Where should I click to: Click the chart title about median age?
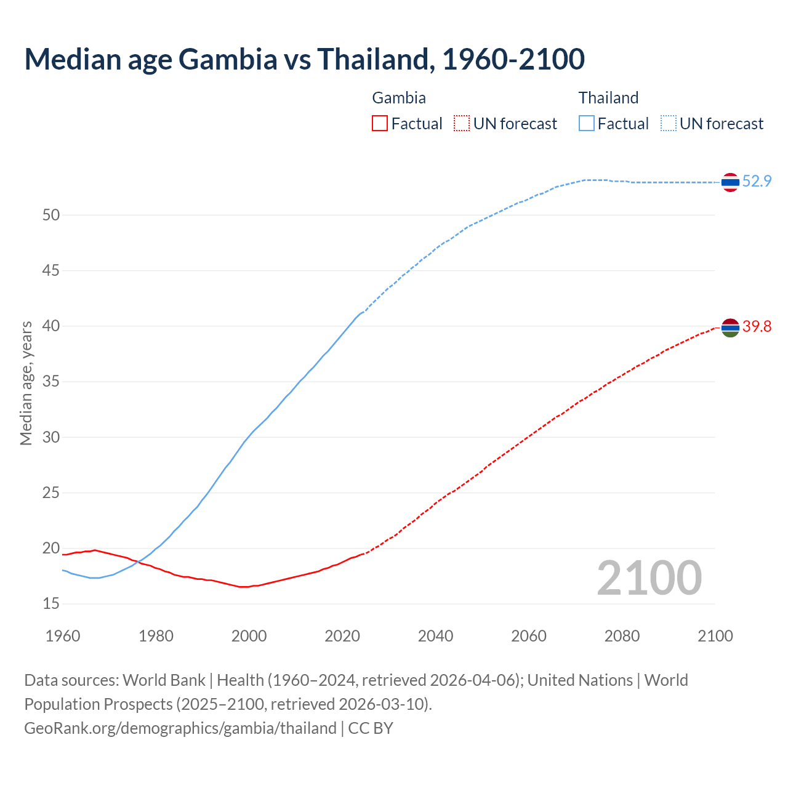304,59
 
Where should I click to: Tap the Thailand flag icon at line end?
730,182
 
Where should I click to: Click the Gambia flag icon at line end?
730,328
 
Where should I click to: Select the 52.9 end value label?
757,181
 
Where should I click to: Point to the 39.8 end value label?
757,326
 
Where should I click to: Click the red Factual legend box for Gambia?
380,124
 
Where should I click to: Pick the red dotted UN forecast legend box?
462,124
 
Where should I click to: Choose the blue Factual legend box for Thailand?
587,124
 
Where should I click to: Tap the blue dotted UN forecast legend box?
669,124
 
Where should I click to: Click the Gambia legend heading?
399,98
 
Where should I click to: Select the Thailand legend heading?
608,98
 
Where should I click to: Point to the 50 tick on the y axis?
51,215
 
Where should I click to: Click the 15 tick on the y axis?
51,604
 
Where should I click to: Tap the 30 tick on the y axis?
51,437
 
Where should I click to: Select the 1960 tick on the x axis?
63,636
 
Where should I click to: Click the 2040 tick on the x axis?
435,636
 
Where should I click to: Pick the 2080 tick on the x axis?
622,636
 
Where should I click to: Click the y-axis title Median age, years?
26,383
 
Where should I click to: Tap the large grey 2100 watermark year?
649,577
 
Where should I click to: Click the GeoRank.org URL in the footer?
180,728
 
